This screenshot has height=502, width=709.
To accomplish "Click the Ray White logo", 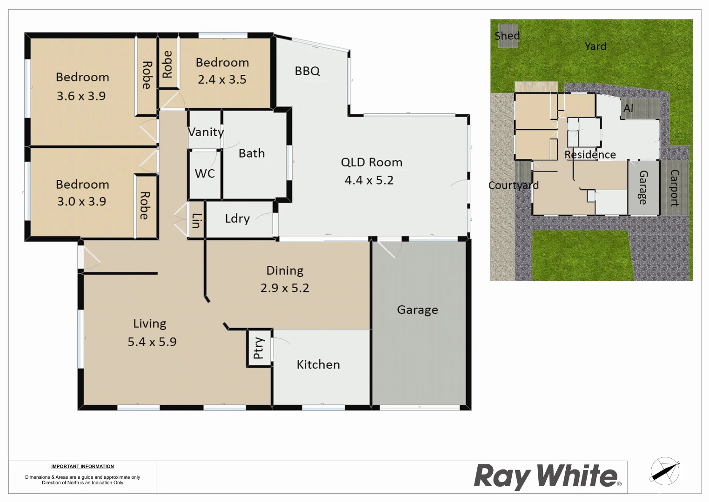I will [547, 476].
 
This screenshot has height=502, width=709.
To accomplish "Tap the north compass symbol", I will [664, 471].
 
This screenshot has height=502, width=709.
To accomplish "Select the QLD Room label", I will [371, 162].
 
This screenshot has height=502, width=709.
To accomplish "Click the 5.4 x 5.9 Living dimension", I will [152, 342].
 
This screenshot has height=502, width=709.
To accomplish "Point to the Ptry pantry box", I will [259, 348].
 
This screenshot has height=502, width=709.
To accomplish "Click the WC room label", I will [205, 173].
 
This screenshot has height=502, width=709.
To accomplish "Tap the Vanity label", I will [206, 132].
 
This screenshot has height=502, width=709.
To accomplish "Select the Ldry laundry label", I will [237, 218].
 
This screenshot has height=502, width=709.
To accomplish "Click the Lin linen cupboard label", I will [196, 220].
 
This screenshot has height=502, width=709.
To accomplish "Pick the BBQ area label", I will [307, 71].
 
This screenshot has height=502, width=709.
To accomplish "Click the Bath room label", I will [252, 153].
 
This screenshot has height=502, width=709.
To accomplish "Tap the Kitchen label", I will [318, 364].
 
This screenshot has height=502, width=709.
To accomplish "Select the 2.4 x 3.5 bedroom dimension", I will [222, 79].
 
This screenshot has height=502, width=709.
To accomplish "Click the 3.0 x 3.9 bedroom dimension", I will [81, 201].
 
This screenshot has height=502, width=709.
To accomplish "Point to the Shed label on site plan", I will [507, 36].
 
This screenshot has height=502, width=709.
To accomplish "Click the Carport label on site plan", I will [674, 188].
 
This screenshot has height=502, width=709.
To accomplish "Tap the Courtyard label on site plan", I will [513, 185].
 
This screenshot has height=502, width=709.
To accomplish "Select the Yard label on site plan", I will [595, 46].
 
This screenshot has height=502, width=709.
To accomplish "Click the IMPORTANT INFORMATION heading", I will [82, 466].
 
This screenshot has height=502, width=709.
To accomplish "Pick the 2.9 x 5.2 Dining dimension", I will [285, 288].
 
